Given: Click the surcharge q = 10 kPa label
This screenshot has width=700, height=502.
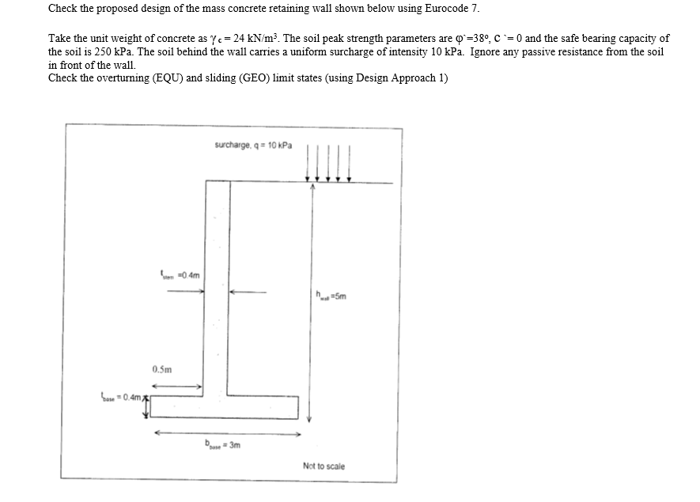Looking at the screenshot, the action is (253, 145).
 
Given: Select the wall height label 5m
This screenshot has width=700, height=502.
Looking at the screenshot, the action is (331, 297).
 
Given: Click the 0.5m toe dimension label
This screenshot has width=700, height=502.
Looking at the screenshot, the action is (162, 369).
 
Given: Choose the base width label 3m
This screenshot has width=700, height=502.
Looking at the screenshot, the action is (222, 445).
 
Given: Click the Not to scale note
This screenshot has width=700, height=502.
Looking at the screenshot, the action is (324, 466).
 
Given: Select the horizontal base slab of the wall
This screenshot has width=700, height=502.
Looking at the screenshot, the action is (225, 406).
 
